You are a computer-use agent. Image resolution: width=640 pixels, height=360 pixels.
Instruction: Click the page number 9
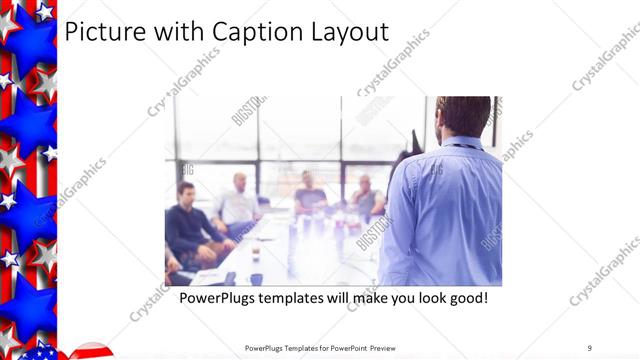[590, 348]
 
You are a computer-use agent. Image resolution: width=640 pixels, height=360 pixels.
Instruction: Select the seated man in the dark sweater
[189, 225]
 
